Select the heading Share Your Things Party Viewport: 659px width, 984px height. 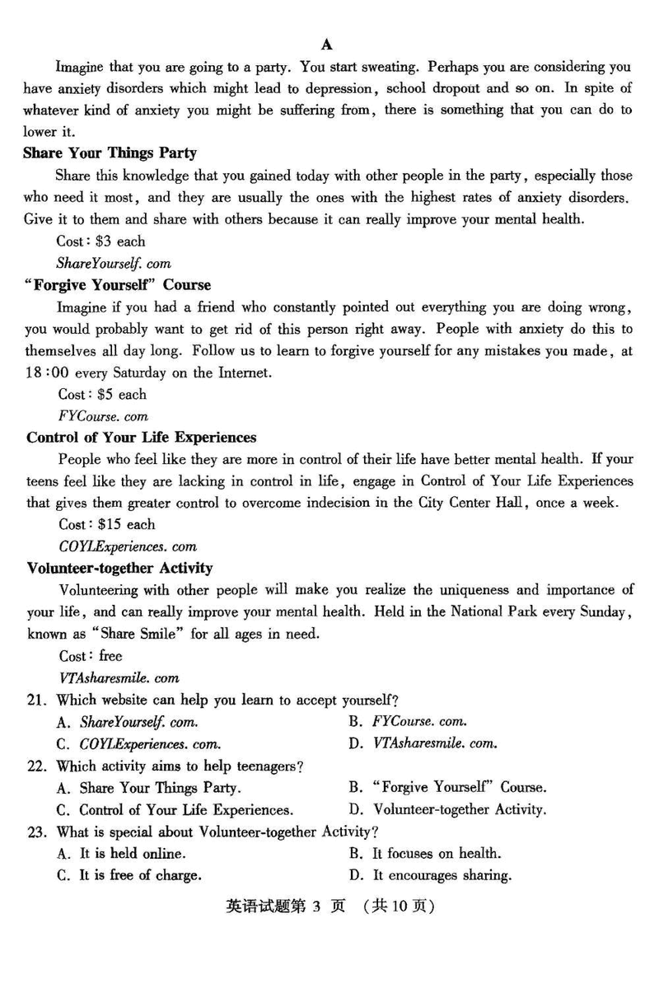tap(110, 153)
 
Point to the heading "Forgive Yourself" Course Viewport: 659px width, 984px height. tap(118, 285)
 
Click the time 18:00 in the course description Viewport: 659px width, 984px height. tap(44, 373)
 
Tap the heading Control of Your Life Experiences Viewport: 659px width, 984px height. tap(141, 438)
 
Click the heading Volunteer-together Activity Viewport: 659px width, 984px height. tap(119, 568)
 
